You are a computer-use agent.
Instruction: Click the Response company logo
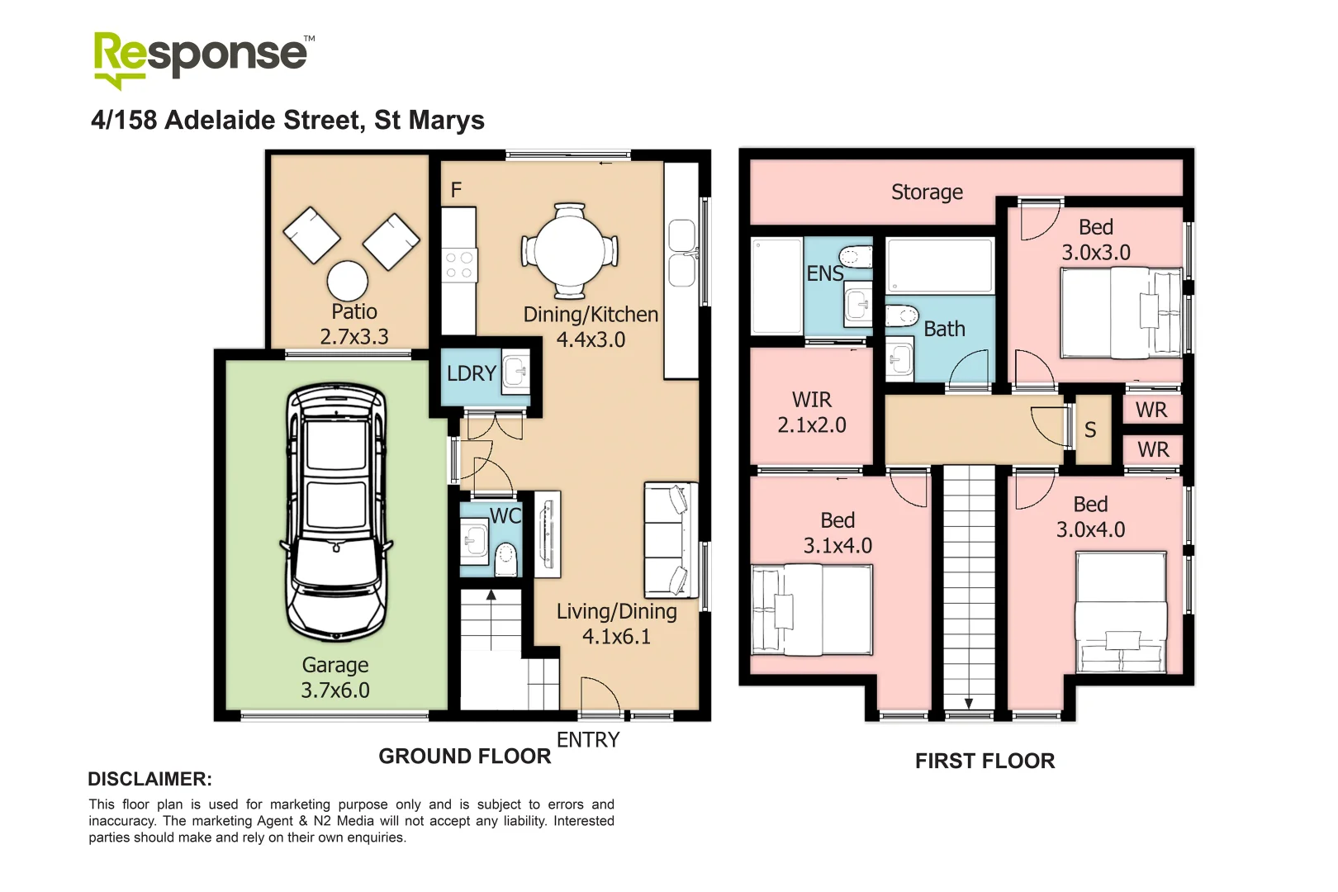tap(202, 58)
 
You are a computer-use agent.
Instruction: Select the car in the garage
tap(336, 512)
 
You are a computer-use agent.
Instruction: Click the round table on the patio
tap(348, 281)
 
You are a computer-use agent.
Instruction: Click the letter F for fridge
tap(456, 191)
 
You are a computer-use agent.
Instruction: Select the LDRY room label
tap(471, 374)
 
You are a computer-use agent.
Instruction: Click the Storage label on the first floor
tap(927, 192)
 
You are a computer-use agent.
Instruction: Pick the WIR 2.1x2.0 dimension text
tap(812, 425)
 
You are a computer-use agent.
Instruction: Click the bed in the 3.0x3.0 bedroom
tap(1122, 314)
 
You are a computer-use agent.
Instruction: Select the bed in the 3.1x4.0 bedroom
tap(811, 610)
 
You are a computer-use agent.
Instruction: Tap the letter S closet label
tap(1090, 430)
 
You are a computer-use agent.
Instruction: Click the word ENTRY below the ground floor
tap(588, 740)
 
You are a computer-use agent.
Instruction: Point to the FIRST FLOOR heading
tap(985, 762)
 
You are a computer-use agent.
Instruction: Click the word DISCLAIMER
tap(149, 780)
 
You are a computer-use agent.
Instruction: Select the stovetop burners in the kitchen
tap(459, 266)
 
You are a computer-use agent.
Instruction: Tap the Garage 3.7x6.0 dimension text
tap(335, 690)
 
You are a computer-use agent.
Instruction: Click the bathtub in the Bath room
tap(939, 266)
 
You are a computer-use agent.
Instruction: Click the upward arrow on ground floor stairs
tap(491, 596)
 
